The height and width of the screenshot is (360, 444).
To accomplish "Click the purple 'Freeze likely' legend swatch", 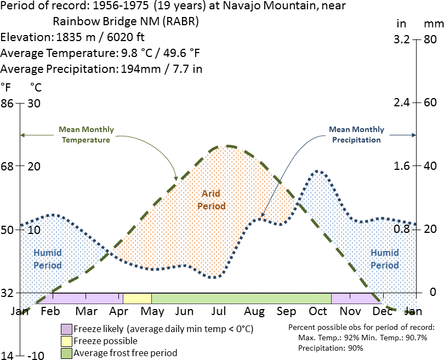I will pyautogui.click(x=66, y=329).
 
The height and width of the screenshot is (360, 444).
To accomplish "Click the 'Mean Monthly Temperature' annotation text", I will pyautogui.click(x=86, y=135).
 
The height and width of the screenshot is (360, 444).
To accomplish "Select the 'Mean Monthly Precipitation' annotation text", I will pyautogui.click(x=356, y=135).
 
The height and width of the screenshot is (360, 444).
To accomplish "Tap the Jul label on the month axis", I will pyautogui.click(x=219, y=311).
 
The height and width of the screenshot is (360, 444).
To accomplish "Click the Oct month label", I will pyautogui.click(x=318, y=311).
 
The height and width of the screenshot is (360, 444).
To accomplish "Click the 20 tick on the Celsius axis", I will pyautogui.click(x=34, y=166).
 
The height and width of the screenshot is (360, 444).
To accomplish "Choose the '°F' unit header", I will pyautogui.click(x=6, y=87).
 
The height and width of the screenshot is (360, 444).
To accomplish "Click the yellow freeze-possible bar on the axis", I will pyautogui.click(x=137, y=298).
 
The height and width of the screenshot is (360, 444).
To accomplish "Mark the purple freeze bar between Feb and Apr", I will pyautogui.click(x=82, y=298).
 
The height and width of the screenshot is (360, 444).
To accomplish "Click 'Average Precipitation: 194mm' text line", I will pyautogui.click(x=101, y=69).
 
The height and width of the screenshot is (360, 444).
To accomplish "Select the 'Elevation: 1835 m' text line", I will pyautogui.click(x=74, y=38).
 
